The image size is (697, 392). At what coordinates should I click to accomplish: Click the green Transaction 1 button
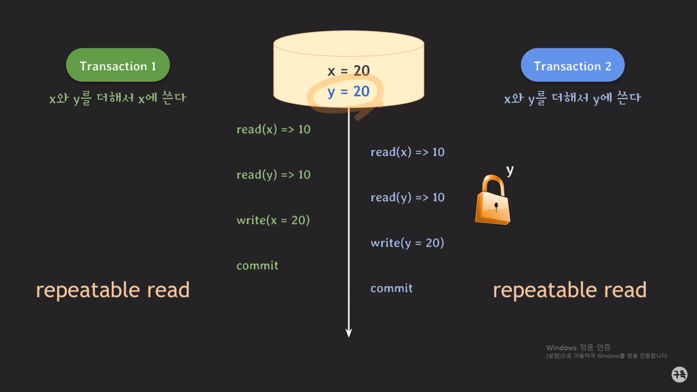(118, 65)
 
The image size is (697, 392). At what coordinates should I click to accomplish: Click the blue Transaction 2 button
(572, 65)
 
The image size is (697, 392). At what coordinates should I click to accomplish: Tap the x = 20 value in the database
(348, 70)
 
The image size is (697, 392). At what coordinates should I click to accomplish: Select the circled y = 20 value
(348, 91)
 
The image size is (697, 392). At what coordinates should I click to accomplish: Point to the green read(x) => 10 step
(273, 130)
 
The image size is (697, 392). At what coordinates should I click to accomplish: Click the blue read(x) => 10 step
(407, 152)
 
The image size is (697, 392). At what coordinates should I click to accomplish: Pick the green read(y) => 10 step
(273, 175)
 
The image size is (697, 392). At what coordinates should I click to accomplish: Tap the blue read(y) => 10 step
(407, 197)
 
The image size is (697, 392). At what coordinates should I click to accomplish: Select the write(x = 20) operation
(273, 220)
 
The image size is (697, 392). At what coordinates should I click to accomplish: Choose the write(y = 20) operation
(407, 243)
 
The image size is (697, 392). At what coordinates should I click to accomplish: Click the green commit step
(257, 266)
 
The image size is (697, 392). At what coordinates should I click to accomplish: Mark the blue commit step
(391, 289)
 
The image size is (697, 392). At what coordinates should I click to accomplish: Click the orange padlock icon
(493, 201)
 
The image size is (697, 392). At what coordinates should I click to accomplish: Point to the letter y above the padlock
(510, 170)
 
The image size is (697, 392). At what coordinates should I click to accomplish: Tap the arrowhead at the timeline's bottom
(348, 332)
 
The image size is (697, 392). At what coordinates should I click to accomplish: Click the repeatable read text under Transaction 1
(113, 290)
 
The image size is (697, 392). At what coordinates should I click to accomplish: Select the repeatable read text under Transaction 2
(570, 290)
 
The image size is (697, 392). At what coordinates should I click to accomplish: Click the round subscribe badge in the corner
(679, 374)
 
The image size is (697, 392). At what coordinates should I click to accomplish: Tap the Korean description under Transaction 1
(118, 98)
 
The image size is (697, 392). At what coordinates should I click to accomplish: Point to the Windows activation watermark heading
(578, 347)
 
